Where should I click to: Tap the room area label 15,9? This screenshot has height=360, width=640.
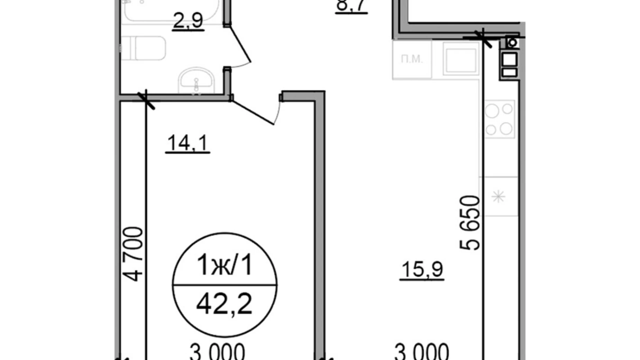422,269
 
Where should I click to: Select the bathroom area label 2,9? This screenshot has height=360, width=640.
188,20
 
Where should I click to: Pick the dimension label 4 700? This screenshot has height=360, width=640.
133,254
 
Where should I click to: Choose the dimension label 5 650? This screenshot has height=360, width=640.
470,223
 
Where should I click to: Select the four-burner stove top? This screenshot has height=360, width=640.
499,119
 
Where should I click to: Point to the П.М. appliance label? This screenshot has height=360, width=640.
412,59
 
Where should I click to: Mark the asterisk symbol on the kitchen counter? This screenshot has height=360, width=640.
499,197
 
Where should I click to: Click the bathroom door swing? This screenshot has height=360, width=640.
240,47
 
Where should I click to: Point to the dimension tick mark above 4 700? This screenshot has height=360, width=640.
146,100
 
